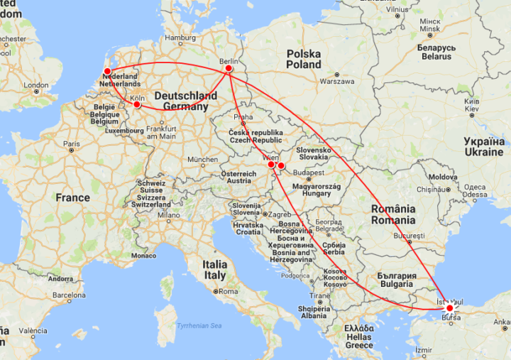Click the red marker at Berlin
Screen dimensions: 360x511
click(229, 70)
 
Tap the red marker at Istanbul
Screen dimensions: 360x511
click(449, 308)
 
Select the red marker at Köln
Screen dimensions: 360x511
click(137, 106)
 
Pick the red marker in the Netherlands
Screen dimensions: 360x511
click(107, 71)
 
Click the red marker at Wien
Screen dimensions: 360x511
click(271, 165)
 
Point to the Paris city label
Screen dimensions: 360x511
click(71, 144)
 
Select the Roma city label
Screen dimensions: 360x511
click(228, 291)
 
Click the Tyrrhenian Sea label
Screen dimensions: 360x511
click(199, 325)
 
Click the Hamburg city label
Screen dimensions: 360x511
click(180, 38)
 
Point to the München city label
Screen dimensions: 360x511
click(203, 160)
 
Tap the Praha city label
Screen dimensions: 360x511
click(243, 117)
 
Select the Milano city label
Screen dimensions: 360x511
click(168, 215)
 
